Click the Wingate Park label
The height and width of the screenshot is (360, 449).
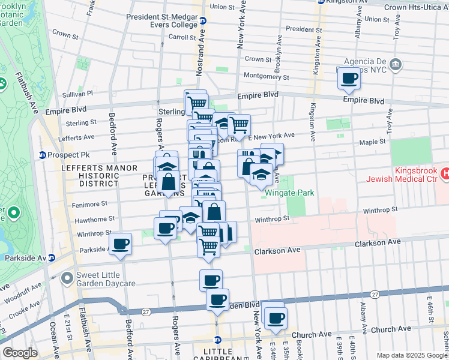286,193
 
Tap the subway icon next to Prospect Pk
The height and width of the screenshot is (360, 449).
43,155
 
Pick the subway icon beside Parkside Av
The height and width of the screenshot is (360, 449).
51,258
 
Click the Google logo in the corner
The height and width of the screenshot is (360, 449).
20,353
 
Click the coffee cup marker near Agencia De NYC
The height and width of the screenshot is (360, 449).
349,77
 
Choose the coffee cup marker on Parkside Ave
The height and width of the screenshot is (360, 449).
121,243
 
